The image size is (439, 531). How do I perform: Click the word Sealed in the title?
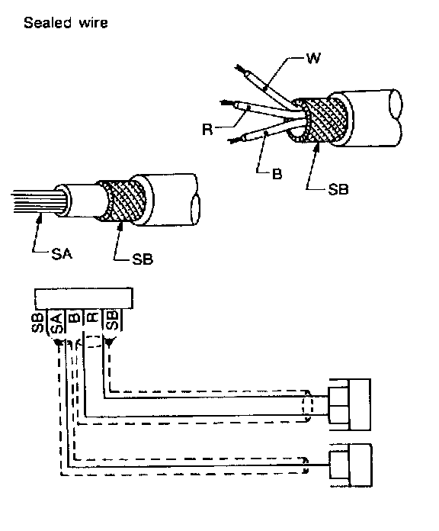48,23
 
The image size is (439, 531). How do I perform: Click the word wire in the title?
93,23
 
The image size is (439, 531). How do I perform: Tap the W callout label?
313,58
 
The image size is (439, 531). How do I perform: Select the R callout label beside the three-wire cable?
207,130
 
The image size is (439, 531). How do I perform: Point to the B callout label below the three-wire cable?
277,174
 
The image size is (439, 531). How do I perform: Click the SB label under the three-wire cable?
338,189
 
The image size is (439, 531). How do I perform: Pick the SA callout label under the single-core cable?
62,253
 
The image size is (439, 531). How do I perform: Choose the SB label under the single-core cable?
143,259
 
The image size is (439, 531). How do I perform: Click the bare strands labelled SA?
37,202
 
